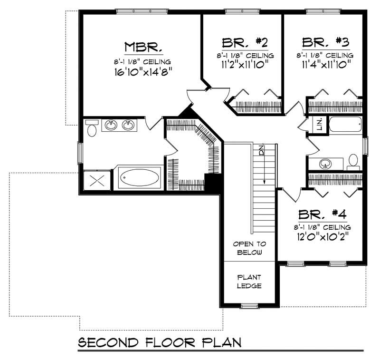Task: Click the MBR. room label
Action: [x=144, y=47]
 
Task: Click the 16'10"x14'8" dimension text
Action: [x=143, y=73]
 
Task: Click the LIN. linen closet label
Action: [x=320, y=125]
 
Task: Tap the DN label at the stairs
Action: [x=261, y=151]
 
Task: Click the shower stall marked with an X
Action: [x=97, y=181]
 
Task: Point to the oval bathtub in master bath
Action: [x=139, y=179]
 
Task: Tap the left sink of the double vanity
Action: [x=112, y=125]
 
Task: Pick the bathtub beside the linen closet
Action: [x=345, y=125]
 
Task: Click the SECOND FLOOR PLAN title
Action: [x=160, y=342]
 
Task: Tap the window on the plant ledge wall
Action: [x=249, y=305]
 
